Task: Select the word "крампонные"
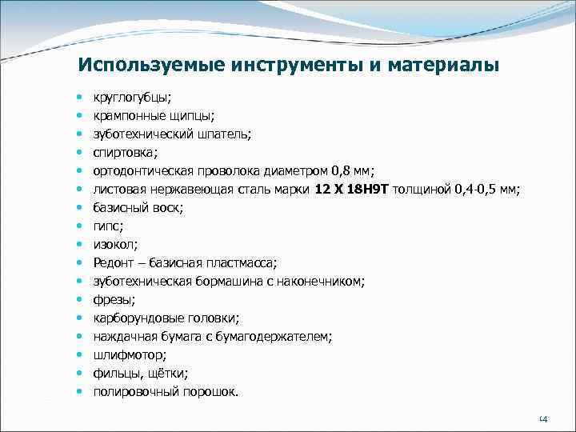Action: point(126,115)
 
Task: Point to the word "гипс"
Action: point(106,226)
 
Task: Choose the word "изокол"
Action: point(113,244)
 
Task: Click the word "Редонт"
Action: point(114,262)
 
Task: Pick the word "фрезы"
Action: point(112,299)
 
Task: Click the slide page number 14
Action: point(542,419)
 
